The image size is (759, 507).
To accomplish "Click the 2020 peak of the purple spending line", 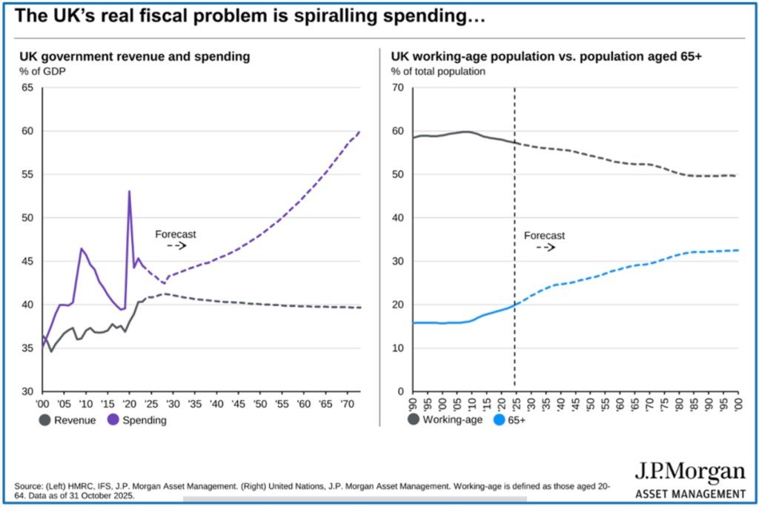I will [129, 191].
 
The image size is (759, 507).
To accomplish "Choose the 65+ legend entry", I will [514, 420].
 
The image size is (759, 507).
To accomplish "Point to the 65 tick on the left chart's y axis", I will [27, 87].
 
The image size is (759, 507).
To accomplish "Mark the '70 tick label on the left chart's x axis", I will [345, 405].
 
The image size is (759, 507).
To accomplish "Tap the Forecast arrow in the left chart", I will [176, 245].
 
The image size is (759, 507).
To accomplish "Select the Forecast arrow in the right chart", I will [546, 247].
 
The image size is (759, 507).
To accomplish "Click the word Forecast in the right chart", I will [544, 236].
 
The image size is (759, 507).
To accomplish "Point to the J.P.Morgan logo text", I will [689, 472].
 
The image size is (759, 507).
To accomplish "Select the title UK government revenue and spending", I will [134, 56].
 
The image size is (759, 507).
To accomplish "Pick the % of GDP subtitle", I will [42, 71].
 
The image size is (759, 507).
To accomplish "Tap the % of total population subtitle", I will [438, 71].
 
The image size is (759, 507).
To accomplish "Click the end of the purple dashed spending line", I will [359, 132].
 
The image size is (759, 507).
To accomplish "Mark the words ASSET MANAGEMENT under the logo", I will [690, 494].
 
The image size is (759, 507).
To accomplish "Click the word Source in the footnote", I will [28, 486].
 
